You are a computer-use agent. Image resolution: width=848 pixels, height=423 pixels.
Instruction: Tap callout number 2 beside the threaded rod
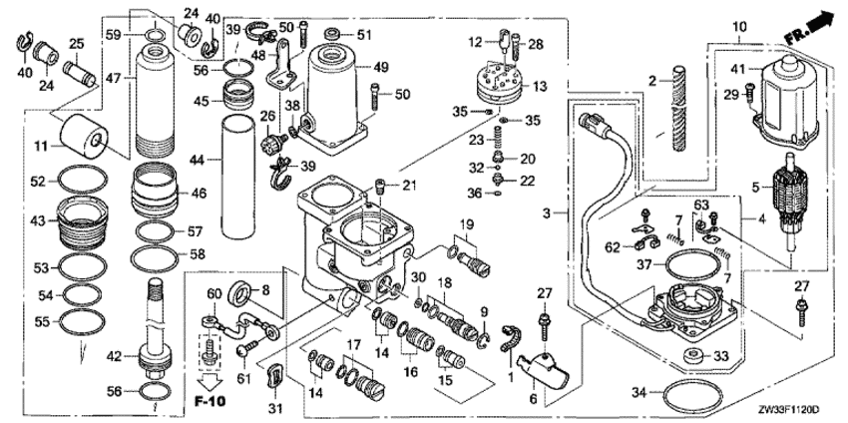pyautogui.click(x=648, y=80)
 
